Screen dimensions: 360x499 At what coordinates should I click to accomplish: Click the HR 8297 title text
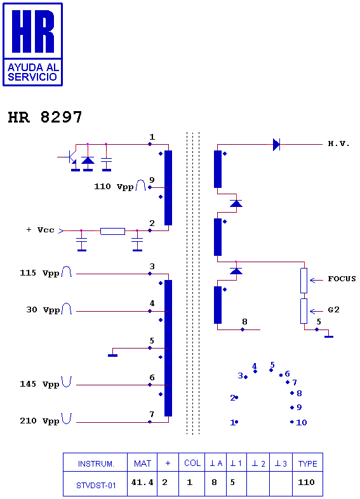coord(45,117)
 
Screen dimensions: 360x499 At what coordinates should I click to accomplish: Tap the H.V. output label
coord(338,144)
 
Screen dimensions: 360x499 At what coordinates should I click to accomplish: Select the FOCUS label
coord(342,279)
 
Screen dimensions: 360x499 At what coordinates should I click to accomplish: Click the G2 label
coord(333,310)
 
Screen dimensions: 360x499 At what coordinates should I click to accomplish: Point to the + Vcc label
coord(41,230)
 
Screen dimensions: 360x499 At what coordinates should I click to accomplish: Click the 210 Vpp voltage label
coord(39,421)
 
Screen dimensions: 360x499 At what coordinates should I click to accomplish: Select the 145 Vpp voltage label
coord(39,384)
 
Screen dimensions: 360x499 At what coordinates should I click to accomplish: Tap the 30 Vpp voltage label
coord(43,310)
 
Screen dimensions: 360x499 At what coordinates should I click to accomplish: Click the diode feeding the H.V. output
coord(276,145)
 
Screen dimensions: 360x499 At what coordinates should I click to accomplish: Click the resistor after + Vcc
coord(112,231)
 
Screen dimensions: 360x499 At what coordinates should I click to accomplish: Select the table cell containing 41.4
coord(142,483)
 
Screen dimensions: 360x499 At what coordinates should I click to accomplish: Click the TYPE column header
coord(307,463)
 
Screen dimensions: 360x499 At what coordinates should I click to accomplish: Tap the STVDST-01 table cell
coord(95,484)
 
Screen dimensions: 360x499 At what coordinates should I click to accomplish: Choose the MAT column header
coord(142,463)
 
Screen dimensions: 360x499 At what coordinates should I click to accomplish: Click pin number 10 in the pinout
coord(302,423)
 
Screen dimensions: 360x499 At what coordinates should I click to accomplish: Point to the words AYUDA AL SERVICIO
coord(33,72)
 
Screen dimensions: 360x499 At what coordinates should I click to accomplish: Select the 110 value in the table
coord(306,482)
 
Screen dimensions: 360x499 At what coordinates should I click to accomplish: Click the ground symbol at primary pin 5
coord(112,355)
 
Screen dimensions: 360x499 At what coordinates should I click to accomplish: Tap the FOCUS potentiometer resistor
coord(304,281)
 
